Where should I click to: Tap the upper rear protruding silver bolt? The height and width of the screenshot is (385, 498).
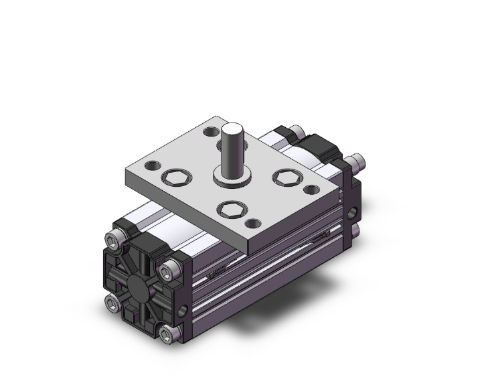297,131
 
